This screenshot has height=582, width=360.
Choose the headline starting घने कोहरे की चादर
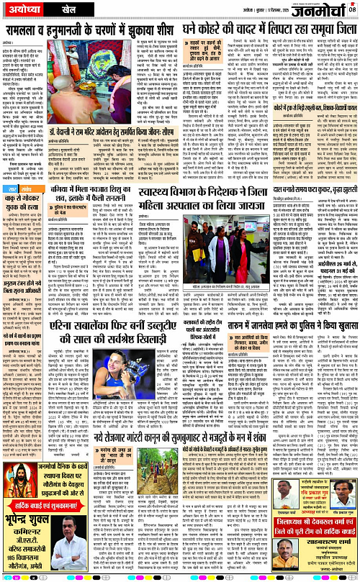[x=270, y=31]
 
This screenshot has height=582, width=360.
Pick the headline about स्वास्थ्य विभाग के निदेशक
[x=202, y=196]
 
